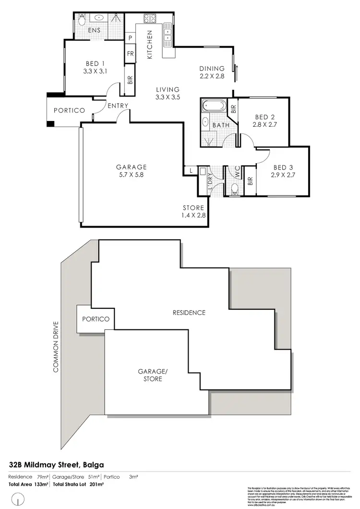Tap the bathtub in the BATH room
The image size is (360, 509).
tap(215, 105)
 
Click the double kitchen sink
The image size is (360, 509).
tap(168, 34)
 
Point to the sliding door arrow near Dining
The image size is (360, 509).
tap(236, 73)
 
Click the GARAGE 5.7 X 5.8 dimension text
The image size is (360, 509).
tap(131, 175)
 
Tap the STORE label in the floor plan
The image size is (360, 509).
tap(193, 208)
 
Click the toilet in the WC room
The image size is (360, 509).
tap(234, 189)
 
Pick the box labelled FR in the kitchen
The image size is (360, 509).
tap(130, 54)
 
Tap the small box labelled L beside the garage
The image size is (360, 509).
tap(190, 170)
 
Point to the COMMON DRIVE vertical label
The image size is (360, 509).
tap(56, 346)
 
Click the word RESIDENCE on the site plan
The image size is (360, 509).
tap(189, 313)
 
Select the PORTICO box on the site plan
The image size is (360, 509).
tap(96, 319)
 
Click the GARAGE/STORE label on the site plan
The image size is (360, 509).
tap(150, 375)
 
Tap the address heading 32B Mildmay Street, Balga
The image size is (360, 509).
tap(57, 464)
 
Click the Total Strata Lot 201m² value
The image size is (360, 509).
tap(84, 485)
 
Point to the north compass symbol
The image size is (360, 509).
tap(18, 501)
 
